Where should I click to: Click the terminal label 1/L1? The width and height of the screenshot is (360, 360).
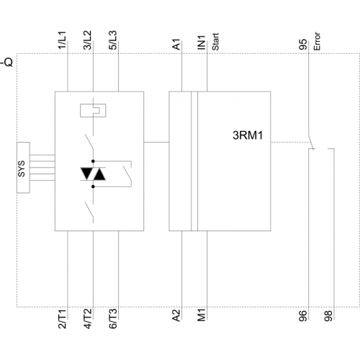[62, 40]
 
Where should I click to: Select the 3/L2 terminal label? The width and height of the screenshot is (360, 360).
[87, 40]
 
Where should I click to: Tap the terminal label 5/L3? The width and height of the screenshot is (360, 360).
[112, 40]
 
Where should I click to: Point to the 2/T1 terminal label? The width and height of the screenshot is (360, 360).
[62, 319]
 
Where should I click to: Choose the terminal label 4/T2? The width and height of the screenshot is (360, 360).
[87, 319]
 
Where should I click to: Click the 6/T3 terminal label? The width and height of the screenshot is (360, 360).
[112, 319]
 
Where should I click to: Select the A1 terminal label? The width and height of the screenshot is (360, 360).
[176, 45]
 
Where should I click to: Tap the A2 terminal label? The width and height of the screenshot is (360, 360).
[176, 315]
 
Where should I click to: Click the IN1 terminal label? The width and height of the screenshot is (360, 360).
[202, 42]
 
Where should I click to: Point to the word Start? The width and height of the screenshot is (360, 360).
[215, 42]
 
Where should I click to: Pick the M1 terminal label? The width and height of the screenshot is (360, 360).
[202, 315]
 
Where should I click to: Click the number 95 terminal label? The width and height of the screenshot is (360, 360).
[303, 45]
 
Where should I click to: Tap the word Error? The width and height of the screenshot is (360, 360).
[317, 41]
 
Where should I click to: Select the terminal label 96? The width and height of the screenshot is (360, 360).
[303, 316]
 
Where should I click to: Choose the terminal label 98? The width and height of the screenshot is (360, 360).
[328, 316]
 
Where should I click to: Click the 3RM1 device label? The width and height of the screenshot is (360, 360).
[248, 135]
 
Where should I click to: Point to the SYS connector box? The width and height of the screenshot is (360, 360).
[23, 168]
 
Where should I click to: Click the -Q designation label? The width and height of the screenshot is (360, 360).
[6, 62]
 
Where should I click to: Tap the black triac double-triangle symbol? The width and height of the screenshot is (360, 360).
[93, 174]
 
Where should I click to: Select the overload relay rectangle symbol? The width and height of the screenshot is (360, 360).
[93, 110]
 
